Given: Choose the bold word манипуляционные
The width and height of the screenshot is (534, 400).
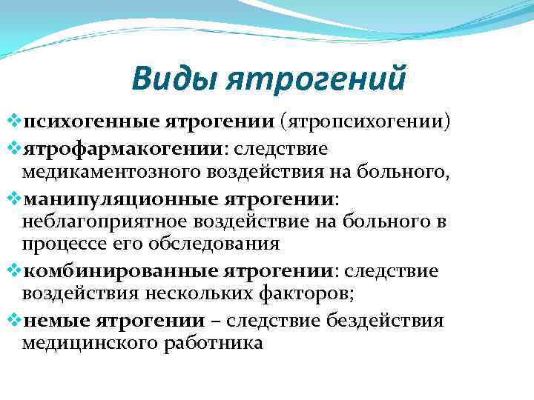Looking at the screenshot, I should pyautogui.click(x=94, y=200).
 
